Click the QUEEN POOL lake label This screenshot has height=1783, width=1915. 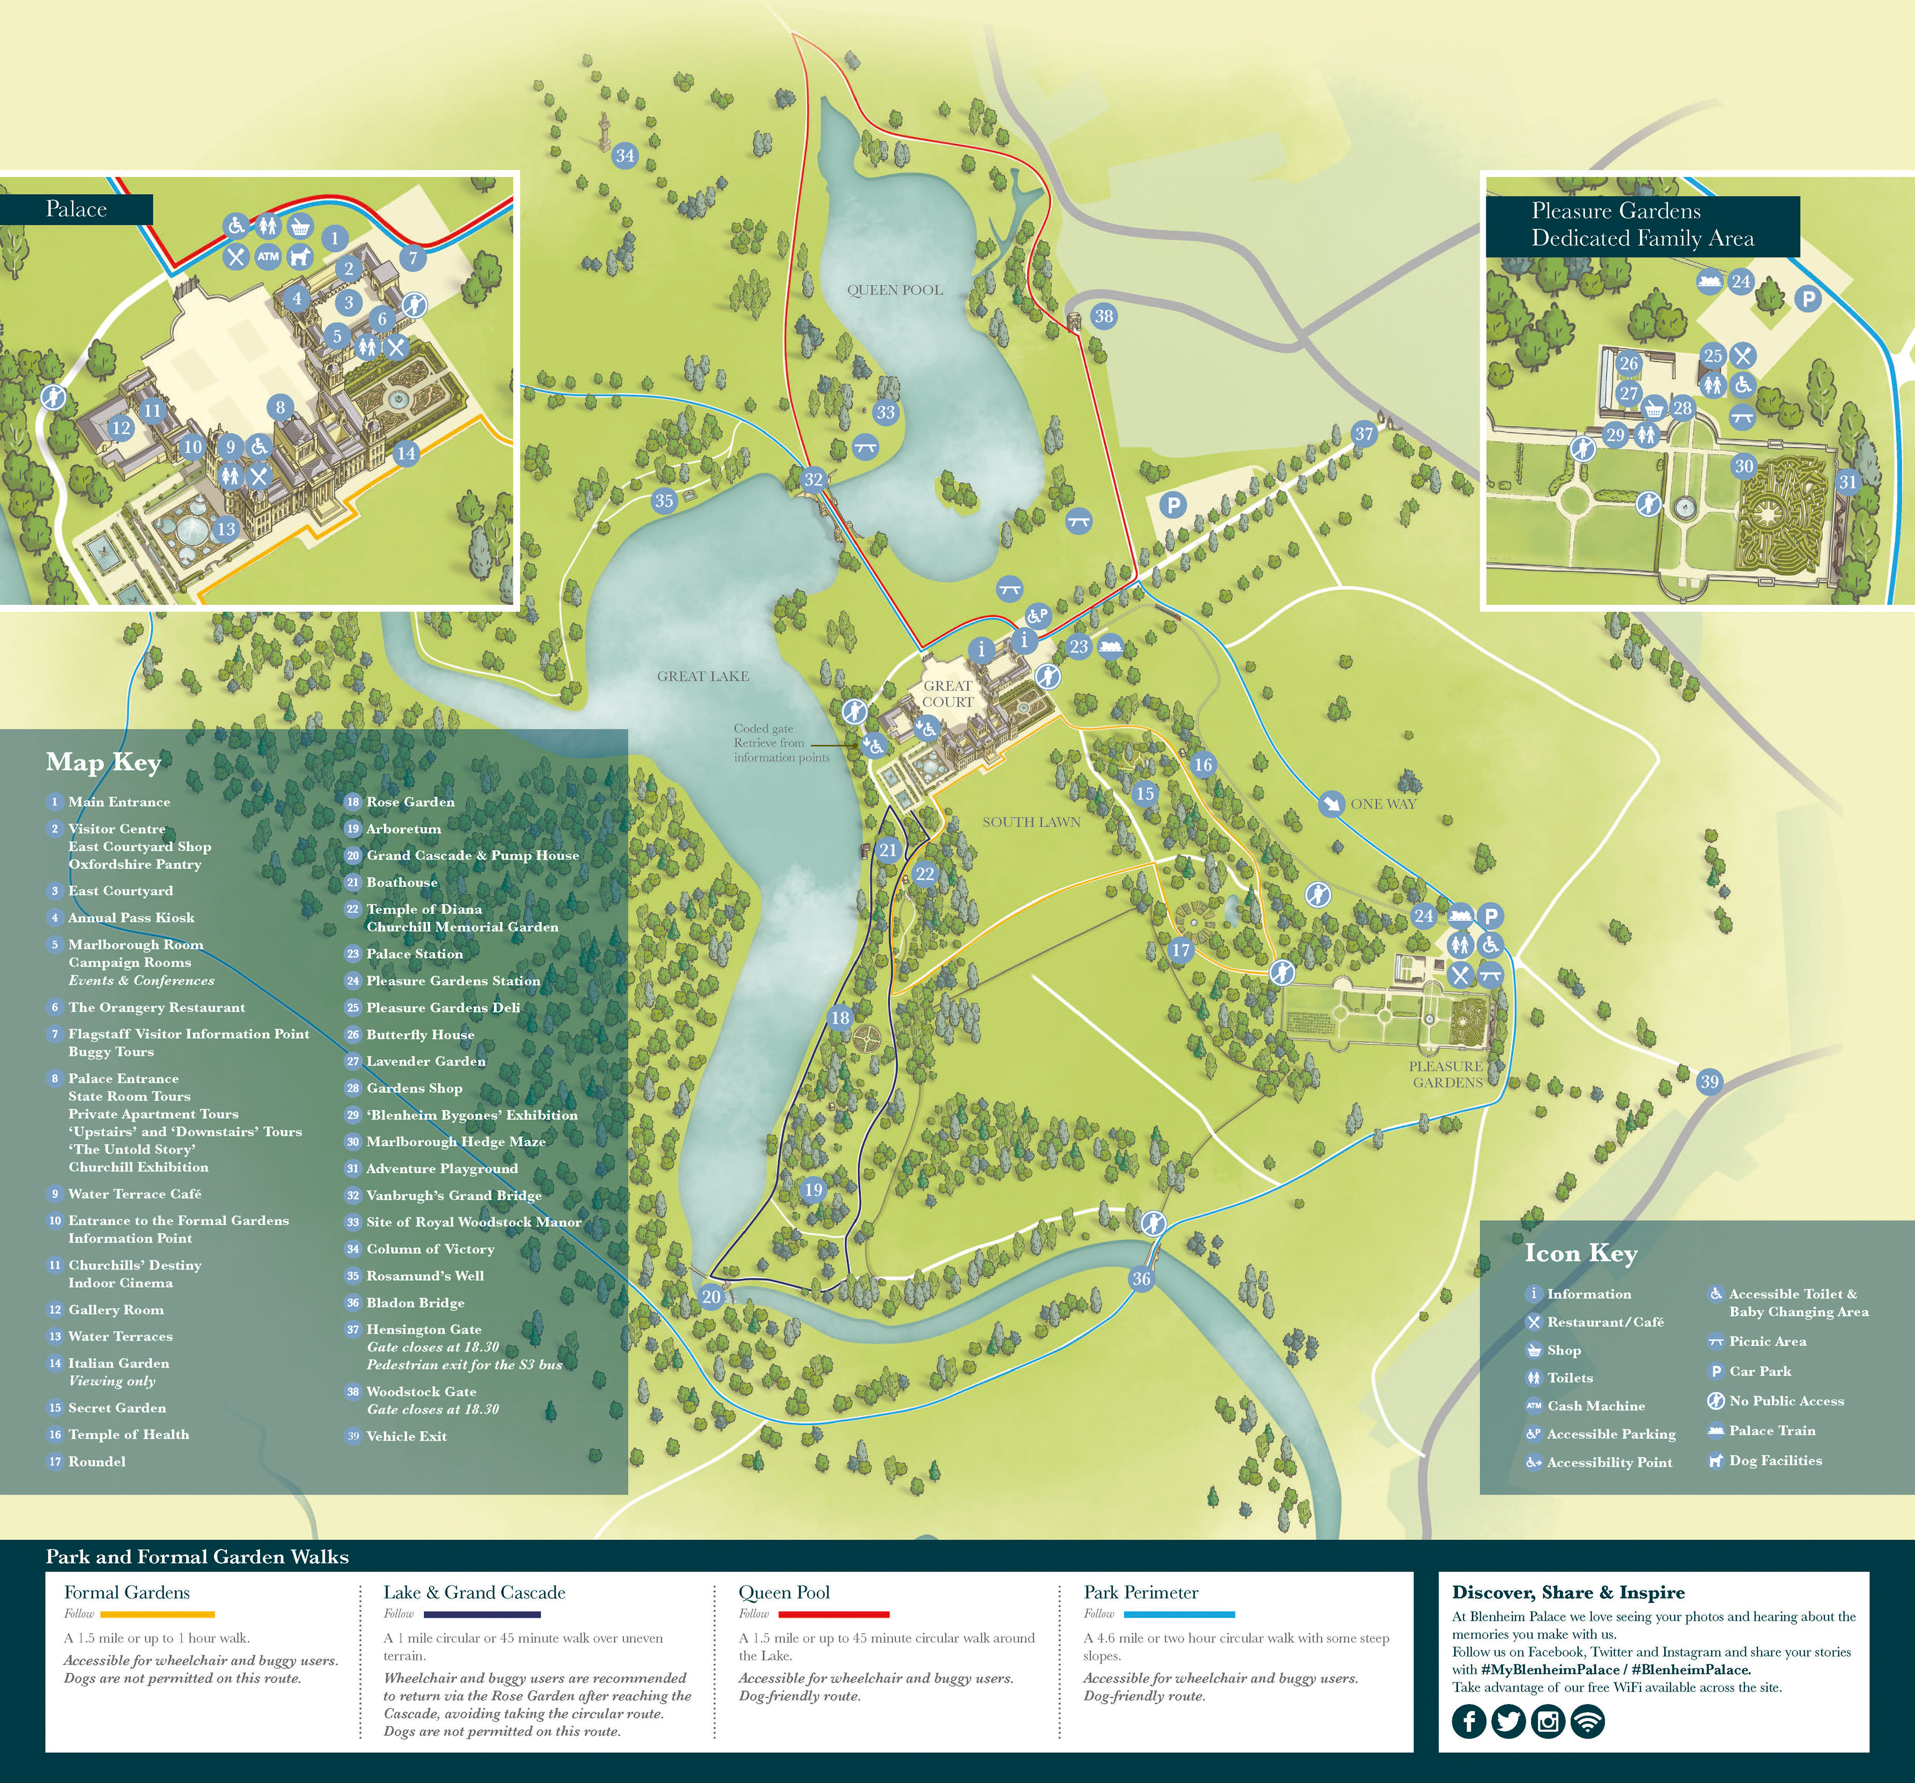(x=894, y=290)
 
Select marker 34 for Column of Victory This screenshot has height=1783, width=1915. (x=625, y=155)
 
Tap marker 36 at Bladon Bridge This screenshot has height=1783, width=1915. (x=1141, y=1278)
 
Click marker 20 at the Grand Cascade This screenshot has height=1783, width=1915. (x=711, y=1297)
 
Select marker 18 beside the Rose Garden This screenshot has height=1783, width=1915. (x=840, y=1017)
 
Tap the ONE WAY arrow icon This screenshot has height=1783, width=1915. (x=1331, y=803)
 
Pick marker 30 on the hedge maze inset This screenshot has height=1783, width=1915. (x=1743, y=466)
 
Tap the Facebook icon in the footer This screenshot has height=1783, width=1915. (x=1469, y=1721)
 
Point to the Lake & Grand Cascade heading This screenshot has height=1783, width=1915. (x=474, y=1592)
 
